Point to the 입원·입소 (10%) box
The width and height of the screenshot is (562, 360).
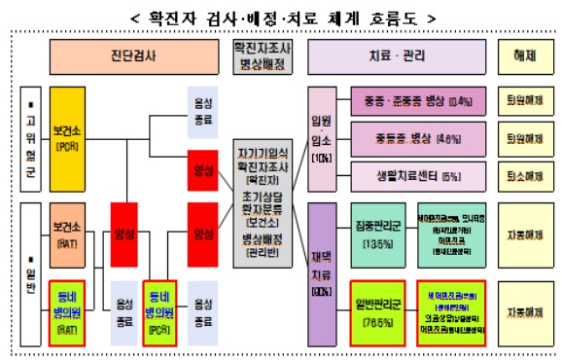(322, 136)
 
